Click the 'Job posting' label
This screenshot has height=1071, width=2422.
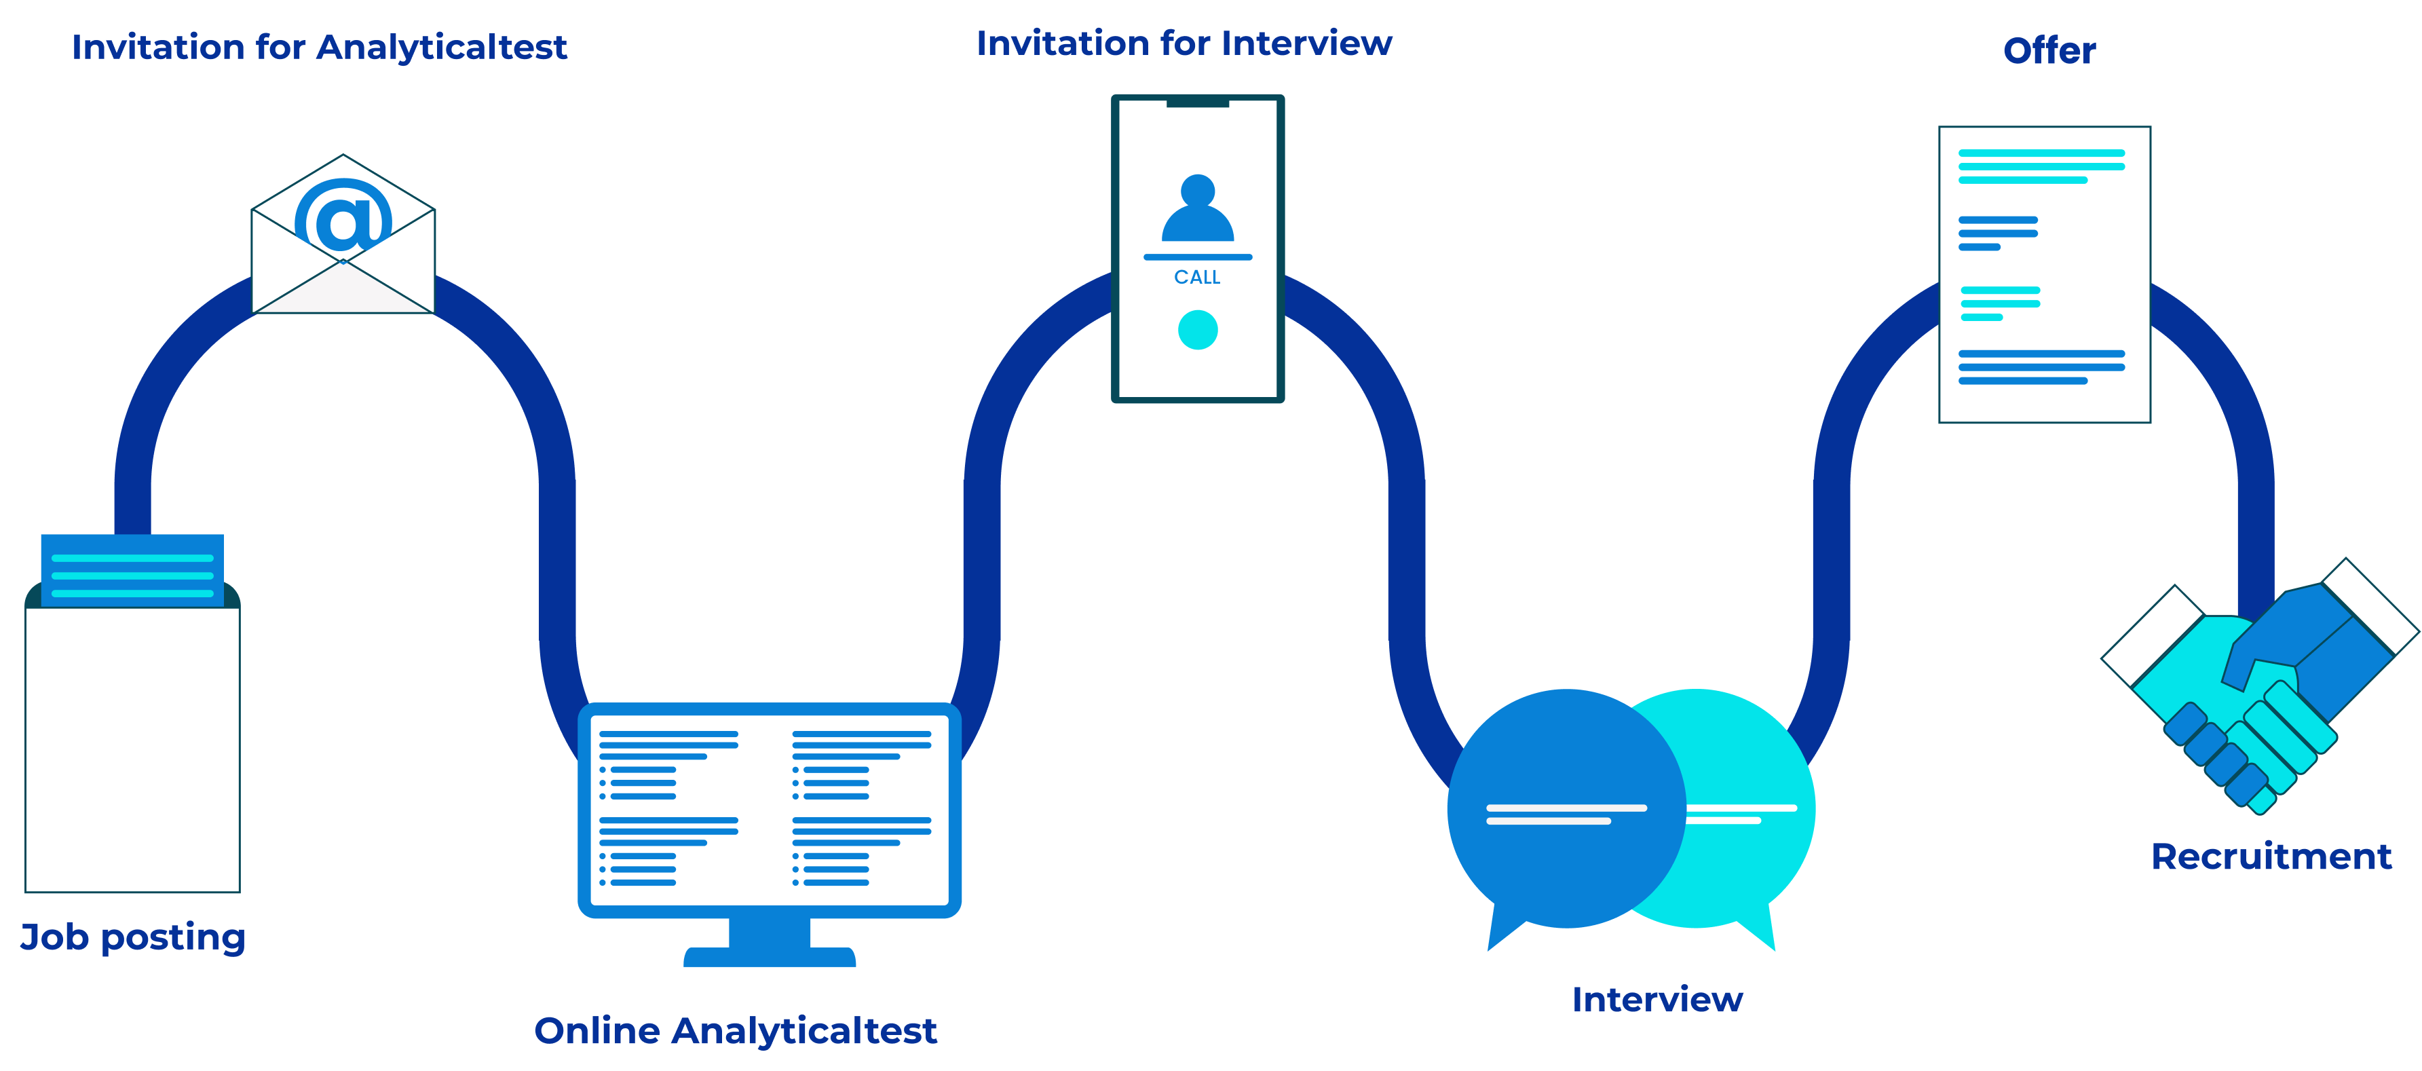pos(132,937)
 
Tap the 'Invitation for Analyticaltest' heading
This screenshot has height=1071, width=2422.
pos(319,47)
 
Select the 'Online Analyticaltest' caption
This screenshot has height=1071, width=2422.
pos(735,1030)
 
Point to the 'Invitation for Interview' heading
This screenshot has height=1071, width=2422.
pos(1184,43)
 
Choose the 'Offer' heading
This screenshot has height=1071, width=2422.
pos(2049,51)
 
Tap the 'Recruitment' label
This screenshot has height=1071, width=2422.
pos(2271,857)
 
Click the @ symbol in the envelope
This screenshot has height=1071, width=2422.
pos(343,217)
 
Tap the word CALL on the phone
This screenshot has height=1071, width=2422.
pos(1197,278)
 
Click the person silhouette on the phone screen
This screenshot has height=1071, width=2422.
pos(1197,209)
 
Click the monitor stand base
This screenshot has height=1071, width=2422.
pos(769,956)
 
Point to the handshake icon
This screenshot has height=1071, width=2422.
pos(2256,686)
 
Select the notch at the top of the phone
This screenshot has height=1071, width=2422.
pos(1197,102)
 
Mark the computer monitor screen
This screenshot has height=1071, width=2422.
pos(769,808)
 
